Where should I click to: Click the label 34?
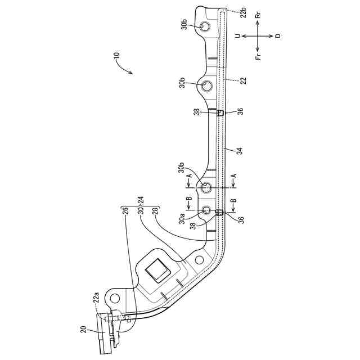click(239, 150)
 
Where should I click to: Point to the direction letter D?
click(277, 35)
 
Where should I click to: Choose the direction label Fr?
click(258, 55)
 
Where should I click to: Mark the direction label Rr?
click(258, 16)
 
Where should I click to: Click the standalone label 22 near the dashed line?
click(243, 81)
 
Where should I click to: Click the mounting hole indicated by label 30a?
click(206, 210)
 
